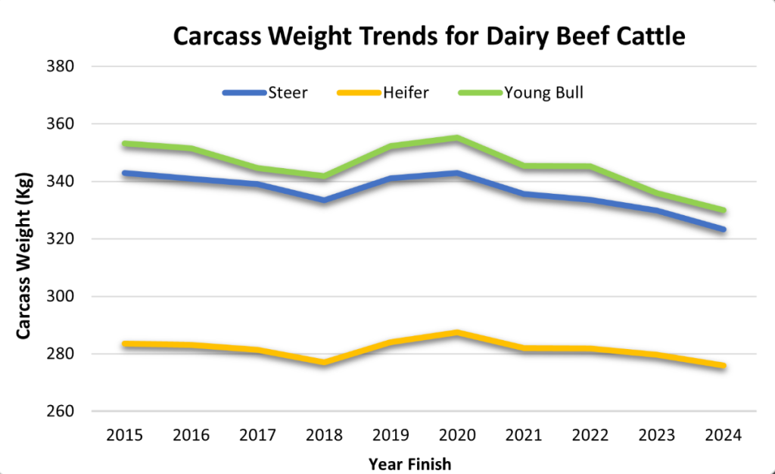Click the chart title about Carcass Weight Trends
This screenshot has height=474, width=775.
[429, 36]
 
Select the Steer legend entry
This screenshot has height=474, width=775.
[287, 93]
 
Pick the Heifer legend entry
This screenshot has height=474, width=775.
[406, 93]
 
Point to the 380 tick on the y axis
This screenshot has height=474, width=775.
[59, 67]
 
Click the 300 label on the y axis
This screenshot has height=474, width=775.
[59, 297]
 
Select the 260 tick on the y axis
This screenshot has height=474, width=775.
[59, 412]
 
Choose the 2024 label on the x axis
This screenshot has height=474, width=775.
[724, 435]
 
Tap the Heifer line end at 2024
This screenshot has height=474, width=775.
[724, 366]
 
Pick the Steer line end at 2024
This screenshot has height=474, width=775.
[724, 229]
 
